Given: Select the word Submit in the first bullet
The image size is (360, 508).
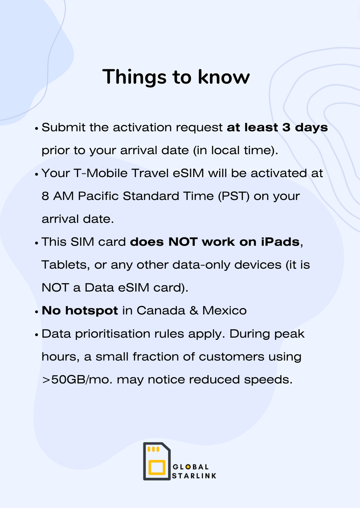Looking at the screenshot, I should pos(63,128).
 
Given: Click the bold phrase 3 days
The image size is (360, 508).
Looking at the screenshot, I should pos(305,128).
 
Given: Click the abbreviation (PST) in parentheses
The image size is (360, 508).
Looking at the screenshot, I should pos(234,196).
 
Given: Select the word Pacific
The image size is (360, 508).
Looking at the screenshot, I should pos(98,196).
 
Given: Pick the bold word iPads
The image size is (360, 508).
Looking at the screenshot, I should pos(280,242).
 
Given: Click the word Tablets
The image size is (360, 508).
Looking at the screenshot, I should pos(66,265).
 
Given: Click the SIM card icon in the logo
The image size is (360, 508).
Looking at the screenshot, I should pos(157,461).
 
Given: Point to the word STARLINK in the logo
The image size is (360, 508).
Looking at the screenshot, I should pos(194,476).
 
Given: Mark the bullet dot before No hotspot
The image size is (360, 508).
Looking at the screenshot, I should pos(37,312).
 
